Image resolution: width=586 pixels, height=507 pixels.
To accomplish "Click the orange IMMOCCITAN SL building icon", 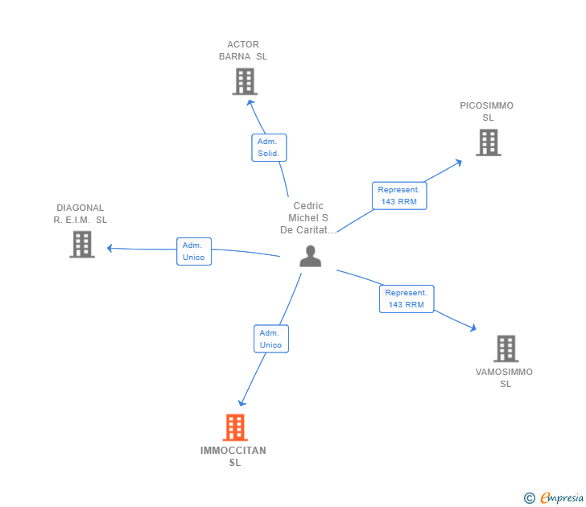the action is pyautogui.click(x=235, y=427).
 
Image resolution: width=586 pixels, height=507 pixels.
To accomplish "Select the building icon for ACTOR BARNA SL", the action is pyautogui.click(x=245, y=81).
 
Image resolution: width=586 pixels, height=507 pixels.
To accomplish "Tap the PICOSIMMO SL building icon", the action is pyautogui.click(x=489, y=142).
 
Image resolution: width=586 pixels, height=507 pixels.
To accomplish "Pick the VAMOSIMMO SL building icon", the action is pyautogui.click(x=506, y=348).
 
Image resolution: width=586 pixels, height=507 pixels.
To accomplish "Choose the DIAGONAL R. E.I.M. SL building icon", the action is pyautogui.click(x=82, y=245).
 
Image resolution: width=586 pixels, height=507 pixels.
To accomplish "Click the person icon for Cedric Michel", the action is pyautogui.click(x=310, y=256).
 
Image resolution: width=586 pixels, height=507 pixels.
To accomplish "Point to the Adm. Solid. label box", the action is pyautogui.click(x=269, y=147).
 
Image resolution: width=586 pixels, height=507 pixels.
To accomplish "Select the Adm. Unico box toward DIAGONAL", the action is pyautogui.click(x=194, y=251).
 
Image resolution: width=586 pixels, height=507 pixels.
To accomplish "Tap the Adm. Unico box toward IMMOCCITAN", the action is pyautogui.click(x=271, y=339).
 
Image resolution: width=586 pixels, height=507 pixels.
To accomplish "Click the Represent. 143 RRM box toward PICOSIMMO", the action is pyautogui.click(x=399, y=196).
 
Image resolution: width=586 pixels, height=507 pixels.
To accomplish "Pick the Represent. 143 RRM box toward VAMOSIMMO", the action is pyautogui.click(x=406, y=299).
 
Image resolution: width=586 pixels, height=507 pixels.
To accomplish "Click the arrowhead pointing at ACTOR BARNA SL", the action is pyautogui.click(x=250, y=103).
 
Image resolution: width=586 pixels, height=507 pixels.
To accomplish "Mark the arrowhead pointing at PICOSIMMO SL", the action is pyautogui.click(x=459, y=163).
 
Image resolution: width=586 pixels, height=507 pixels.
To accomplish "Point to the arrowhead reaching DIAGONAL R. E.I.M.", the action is pyautogui.click(x=109, y=248).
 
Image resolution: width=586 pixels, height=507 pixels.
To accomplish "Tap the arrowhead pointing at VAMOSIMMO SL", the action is pyautogui.click(x=473, y=328).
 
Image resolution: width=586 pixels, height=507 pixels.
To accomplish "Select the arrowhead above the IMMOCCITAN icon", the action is pyautogui.click(x=241, y=402).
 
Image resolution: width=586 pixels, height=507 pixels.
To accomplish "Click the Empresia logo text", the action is pyautogui.click(x=562, y=497).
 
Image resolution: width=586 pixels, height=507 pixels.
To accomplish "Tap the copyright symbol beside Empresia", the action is pyautogui.click(x=529, y=498).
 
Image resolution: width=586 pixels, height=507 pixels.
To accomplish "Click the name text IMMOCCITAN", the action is pyautogui.click(x=233, y=451).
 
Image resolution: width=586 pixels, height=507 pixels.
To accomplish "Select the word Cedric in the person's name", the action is pyautogui.click(x=308, y=206).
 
